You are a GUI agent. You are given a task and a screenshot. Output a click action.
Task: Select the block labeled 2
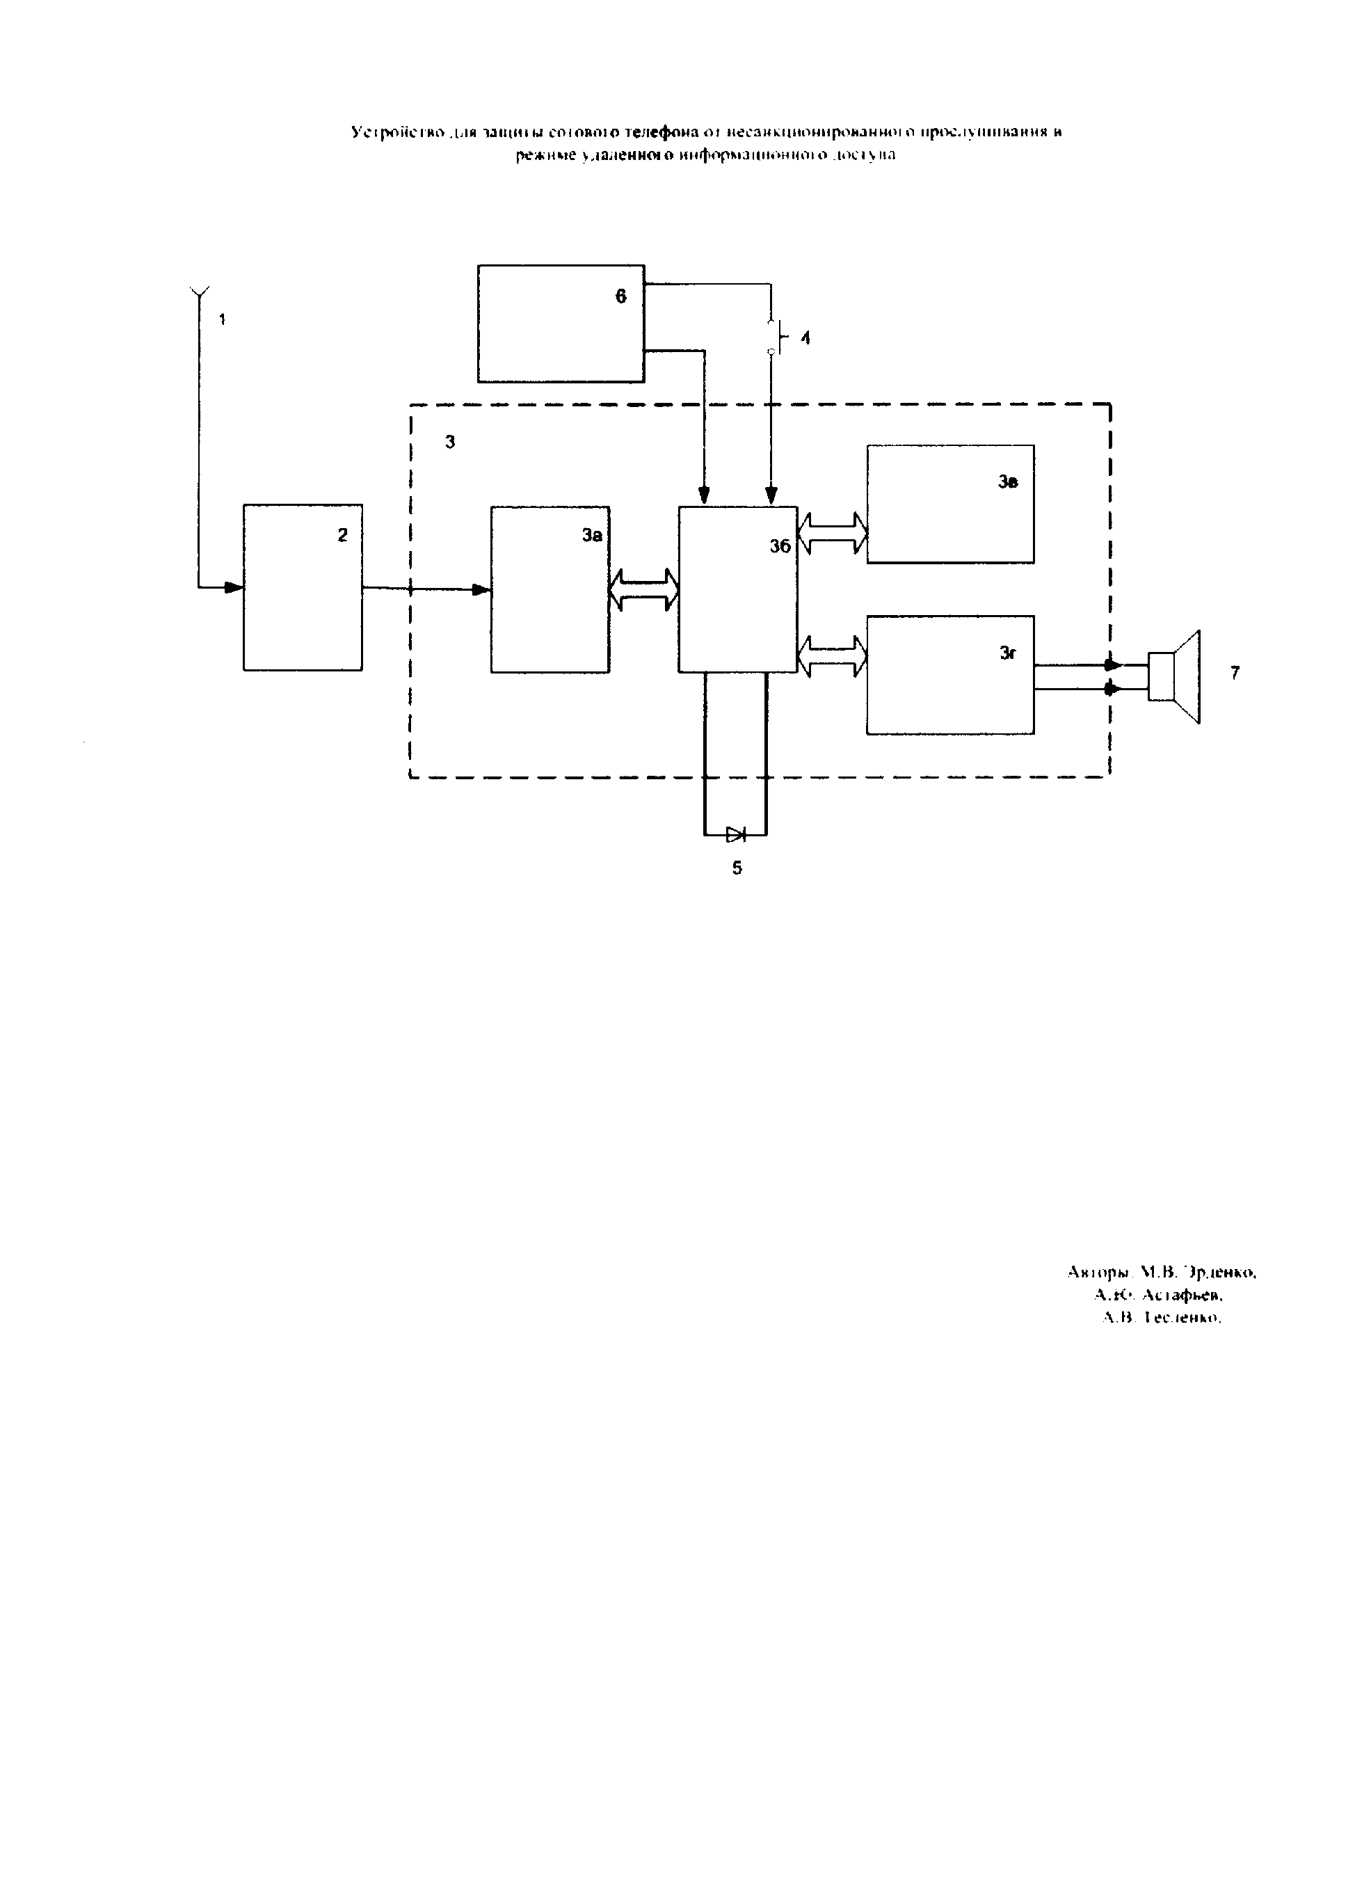pyautogui.click(x=302, y=587)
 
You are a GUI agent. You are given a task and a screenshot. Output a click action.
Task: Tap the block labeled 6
pyautogui.click(x=561, y=324)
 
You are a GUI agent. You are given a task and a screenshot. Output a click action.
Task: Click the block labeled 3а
pyautogui.click(x=550, y=589)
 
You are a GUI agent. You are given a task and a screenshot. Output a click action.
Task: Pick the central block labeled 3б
pyautogui.click(x=737, y=589)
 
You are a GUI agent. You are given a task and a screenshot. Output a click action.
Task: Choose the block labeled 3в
pyautogui.click(x=950, y=504)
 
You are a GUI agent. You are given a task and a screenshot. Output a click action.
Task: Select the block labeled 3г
pyautogui.click(x=950, y=675)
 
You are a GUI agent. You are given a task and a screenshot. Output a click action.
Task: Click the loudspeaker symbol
pyautogui.click(x=1176, y=677)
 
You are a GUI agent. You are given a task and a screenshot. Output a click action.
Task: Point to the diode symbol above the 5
pyautogui.click(x=735, y=834)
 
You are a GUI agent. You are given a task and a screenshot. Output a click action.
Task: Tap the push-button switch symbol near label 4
pyautogui.click(x=773, y=337)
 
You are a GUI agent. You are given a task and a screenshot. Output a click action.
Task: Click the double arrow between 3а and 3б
pyautogui.click(x=644, y=590)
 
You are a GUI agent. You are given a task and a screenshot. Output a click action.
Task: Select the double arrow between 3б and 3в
pyautogui.click(x=833, y=533)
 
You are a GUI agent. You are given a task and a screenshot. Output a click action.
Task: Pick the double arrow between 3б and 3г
pyautogui.click(x=833, y=656)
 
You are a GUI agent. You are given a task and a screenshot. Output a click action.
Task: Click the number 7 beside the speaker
pyautogui.click(x=1235, y=673)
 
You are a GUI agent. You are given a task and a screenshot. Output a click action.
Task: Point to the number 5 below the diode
pyautogui.click(x=737, y=868)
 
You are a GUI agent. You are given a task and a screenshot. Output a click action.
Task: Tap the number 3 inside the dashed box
pyautogui.click(x=450, y=443)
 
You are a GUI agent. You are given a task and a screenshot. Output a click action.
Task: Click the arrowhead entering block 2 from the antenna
pyautogui.click(x=234, y=587)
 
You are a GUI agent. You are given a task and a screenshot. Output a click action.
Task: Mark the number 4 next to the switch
pyautogui.click(x=805, y=338)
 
